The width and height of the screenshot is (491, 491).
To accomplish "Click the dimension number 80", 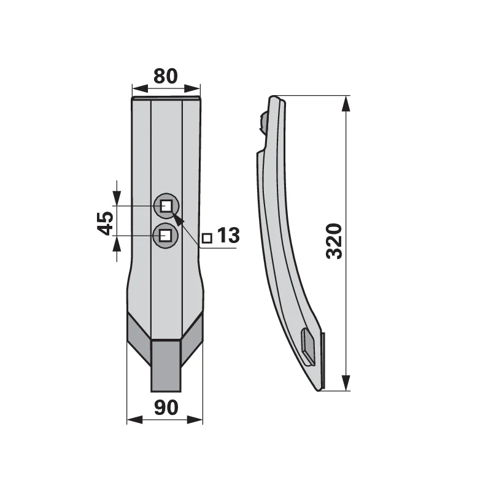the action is [x=166, y=76].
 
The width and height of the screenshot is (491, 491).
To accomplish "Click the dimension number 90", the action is [x=166, y=408].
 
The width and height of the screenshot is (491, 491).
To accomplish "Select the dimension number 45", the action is [x=106, y=223].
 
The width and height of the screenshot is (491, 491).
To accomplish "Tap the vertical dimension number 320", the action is [x=334, y=241].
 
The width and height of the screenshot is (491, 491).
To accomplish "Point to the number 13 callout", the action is [x=228, y=235].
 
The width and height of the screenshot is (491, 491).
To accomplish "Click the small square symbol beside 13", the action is [x=207, y=238].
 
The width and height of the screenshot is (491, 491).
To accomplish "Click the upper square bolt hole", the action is [x=166, y=206].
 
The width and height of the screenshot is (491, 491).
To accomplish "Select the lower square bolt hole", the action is [x=164, y=235].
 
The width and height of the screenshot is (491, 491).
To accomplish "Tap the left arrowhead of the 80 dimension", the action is [x=140, y=88].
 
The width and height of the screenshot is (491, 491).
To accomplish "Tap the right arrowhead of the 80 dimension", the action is [x=192, y=88].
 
